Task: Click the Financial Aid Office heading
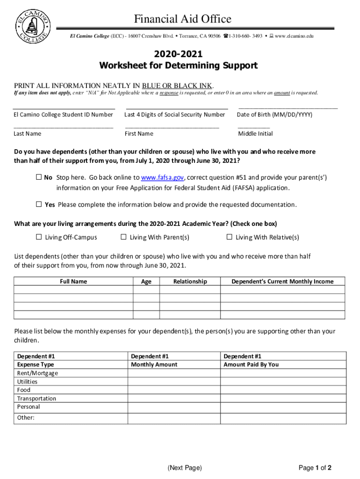182,19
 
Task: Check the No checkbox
39,178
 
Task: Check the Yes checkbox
39,204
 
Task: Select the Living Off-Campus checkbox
39,237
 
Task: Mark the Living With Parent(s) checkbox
123,237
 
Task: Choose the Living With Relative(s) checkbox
229,237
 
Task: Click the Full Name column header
73,282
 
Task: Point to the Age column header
146,282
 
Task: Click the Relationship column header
190,282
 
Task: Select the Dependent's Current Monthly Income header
282,282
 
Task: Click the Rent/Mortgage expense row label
38,373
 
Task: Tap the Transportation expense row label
36,399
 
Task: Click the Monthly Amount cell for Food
174,390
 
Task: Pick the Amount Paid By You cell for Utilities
283,382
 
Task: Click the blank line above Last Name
64,127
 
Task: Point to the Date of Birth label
274,115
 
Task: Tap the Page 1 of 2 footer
315,468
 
